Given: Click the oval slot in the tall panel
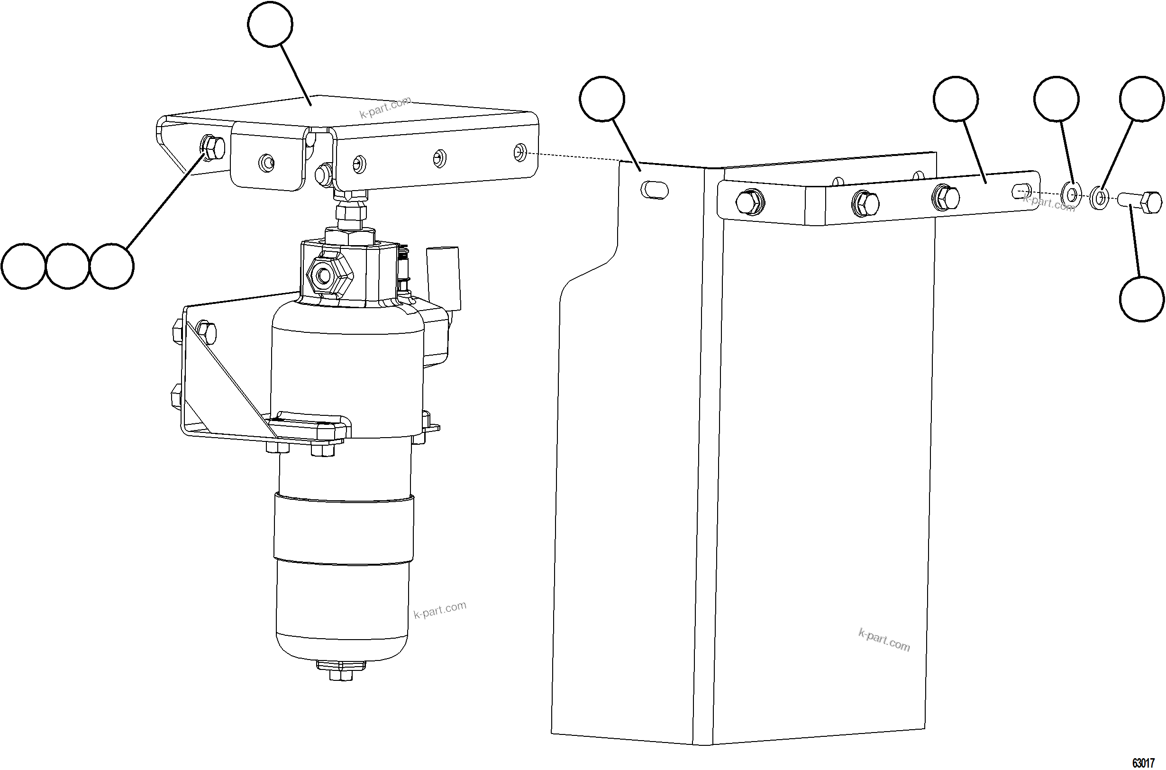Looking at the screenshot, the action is pos(655,190).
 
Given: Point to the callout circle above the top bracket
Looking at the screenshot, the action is pos(270,25).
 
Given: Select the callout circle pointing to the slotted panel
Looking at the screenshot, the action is pos(602,99).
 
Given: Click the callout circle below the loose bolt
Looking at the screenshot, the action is pos(1142,299).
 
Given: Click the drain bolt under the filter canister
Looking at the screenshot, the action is pos(340,674).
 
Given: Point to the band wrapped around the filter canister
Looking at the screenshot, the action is pos(344,531).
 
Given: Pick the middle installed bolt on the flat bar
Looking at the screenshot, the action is pos(866,202).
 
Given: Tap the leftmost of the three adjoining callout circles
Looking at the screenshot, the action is pos(24,266).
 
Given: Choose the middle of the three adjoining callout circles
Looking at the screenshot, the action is pos(67,266).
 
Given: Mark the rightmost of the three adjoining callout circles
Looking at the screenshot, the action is pos(112,266).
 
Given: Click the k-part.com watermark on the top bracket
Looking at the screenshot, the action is pos(385,108).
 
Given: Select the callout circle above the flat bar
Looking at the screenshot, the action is pos(956,99).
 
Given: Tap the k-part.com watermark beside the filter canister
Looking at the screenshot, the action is pos(439,610).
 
